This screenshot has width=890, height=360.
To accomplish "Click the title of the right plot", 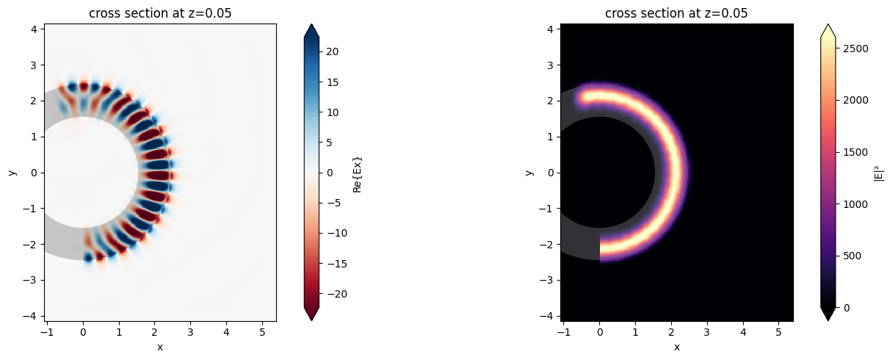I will (x=676, y=12).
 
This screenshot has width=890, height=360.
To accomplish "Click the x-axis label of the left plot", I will (x=159, y=347).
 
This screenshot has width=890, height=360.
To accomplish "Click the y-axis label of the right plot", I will (x=529, y=173).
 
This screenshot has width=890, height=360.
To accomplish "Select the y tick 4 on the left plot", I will (x=35, y=29).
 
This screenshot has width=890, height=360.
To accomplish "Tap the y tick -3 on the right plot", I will (x=549, y=280).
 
